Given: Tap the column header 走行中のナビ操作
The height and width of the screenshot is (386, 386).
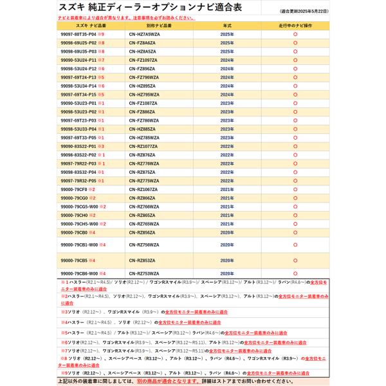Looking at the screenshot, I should click(294, 25).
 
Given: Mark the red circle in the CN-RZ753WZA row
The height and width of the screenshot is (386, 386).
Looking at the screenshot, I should click(295, 273).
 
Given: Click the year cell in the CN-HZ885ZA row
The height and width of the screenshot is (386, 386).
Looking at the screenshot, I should click(227, 129).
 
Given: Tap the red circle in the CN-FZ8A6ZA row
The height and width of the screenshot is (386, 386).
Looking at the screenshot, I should click(295, 42).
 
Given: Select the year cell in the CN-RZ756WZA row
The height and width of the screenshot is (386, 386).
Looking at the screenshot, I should click(227, 245).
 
